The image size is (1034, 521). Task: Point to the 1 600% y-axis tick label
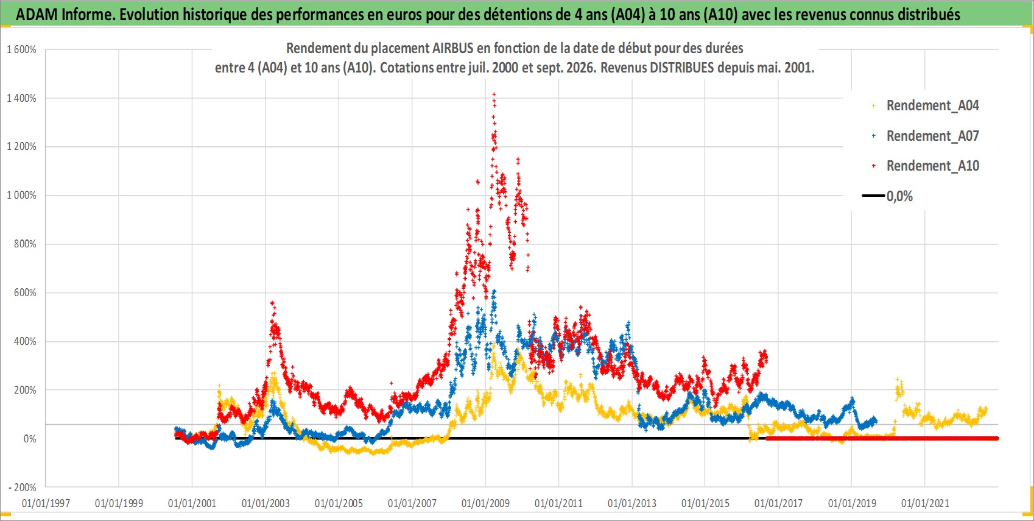point(21,49)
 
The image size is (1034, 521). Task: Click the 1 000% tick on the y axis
point(21,195)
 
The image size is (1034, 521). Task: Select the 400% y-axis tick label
point(25,341)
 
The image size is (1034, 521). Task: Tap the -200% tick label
point(22,487)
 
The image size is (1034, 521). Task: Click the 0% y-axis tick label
point(30,439)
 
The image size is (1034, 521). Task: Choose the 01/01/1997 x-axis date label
point(46,503)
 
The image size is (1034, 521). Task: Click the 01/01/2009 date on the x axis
point(485,503)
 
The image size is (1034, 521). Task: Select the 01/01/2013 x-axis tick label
point(632,503)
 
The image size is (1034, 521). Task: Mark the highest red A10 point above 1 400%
point(494,94)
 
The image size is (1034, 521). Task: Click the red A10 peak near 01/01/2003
point(272,303)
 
